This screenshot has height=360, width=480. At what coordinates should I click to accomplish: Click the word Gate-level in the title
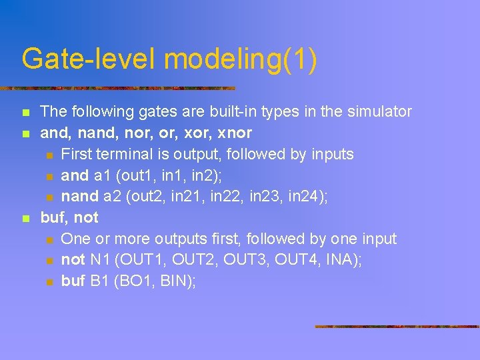[x=88, y=59]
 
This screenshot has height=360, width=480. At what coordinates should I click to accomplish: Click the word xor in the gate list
[x=205, y=133]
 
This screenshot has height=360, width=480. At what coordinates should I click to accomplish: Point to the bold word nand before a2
[x=79, y=196]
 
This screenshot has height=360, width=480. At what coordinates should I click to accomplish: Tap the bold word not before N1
[x=73, y=259]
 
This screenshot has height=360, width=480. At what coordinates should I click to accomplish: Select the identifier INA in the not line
[x=340, y=259]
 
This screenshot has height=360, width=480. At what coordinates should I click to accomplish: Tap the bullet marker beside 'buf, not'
[x=25, y=218]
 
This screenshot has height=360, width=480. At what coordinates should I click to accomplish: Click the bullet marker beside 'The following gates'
[x=25, y=112]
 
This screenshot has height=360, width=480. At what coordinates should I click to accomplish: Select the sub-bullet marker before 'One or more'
[x=49, y=239]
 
